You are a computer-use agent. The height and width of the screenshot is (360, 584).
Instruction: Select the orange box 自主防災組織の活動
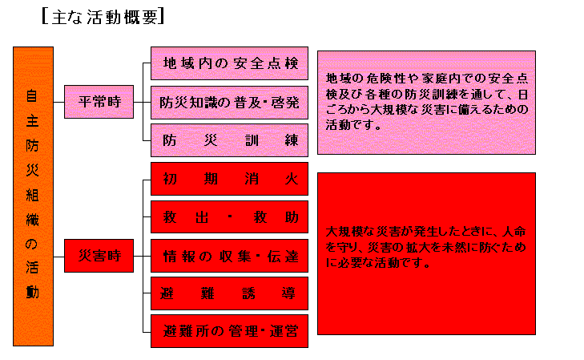[x=33, y=196]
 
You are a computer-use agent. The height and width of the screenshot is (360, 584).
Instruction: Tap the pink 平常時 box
[x=99, y=103]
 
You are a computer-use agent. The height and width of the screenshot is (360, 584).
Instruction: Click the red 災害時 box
[x=99, y=257]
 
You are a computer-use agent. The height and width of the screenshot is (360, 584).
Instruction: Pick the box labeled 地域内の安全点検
[x=230, y=63]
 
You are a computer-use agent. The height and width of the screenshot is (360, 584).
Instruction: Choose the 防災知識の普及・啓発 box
[x=230, y=102]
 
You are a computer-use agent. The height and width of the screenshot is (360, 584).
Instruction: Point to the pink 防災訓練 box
[x=230, y=140]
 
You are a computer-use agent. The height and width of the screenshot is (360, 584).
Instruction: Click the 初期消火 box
[x=230, y=178]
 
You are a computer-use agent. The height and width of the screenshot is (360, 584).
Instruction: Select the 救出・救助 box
[x=230, y=217]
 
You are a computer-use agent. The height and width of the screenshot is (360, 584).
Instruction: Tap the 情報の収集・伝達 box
[x=230, y=257]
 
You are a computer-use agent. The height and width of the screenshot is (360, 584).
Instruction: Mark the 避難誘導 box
[x=230, y=293]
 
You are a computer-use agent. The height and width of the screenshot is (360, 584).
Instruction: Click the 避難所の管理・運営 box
[x=230, y=330]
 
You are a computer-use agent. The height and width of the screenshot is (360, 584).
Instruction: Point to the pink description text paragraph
[x=427, y=102]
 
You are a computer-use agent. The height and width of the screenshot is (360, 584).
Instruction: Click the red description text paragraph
[x=427, y=246]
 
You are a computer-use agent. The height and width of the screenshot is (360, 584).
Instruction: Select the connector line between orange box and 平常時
[x=59, y=103]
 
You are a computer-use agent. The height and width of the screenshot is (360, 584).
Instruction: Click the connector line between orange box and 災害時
[x=59, y=257]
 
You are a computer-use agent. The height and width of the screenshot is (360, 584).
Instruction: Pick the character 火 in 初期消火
[x=292, y=178]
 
